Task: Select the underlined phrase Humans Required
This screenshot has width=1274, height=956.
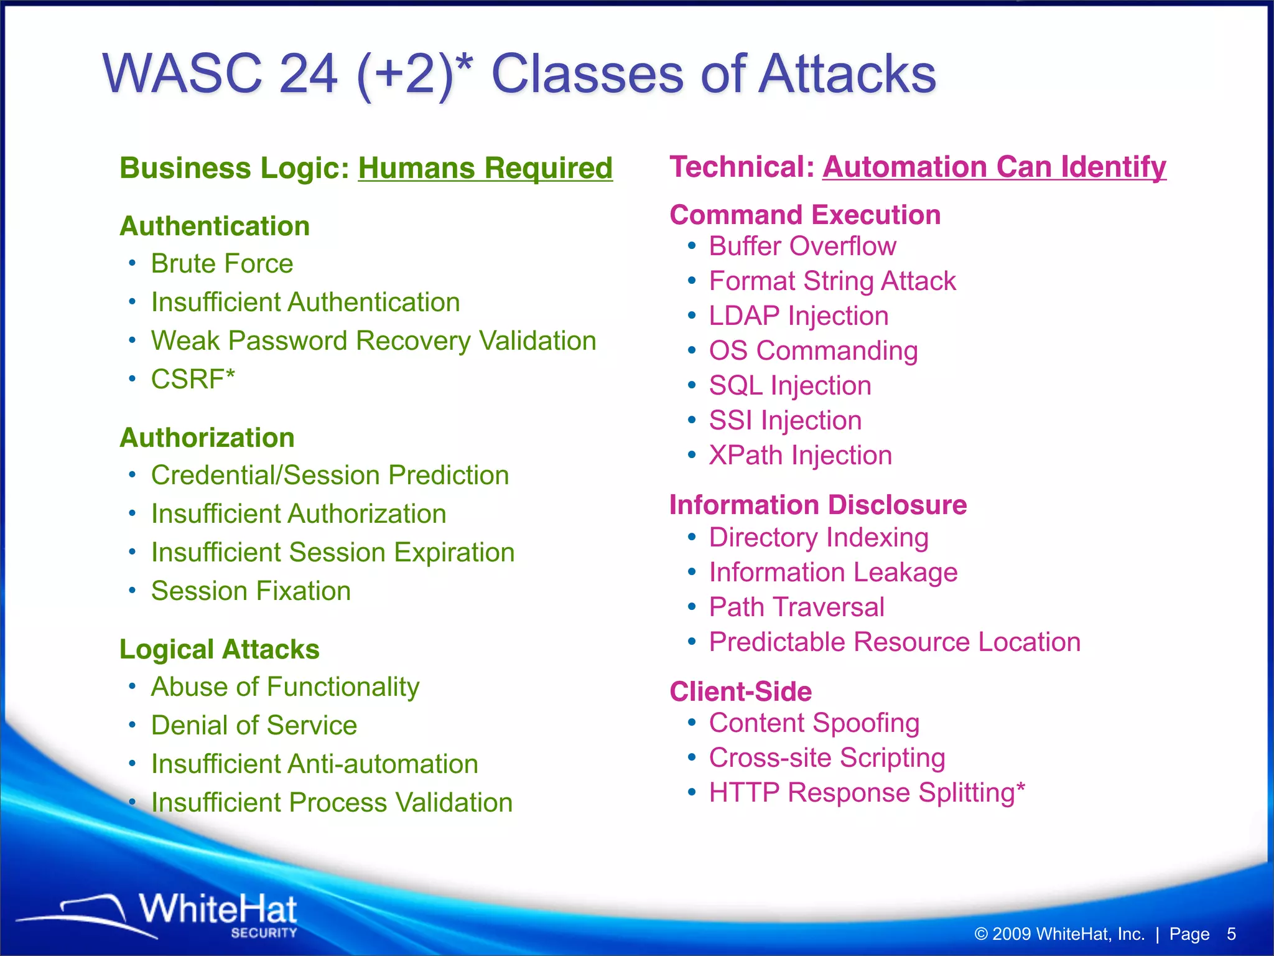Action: point(485,168)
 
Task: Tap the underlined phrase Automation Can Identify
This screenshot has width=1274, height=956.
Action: point(994,167)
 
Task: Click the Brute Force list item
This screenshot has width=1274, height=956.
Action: point(222,264)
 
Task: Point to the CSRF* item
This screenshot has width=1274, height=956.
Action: point(193,379)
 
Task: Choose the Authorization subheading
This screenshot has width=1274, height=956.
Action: point(207,438)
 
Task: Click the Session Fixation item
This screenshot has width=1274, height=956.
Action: point(251,591)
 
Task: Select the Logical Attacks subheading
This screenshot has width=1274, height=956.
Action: point(219,649)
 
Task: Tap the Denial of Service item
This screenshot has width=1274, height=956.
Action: point(254,726)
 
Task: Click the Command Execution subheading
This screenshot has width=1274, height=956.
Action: point(805,215)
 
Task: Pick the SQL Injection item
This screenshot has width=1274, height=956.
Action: point(790,386)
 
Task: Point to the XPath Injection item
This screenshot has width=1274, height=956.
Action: point(800,456)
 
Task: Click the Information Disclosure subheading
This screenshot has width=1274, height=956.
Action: point(818,505)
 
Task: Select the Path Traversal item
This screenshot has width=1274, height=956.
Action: point(796,607)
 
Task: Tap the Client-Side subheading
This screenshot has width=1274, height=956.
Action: point(740,691)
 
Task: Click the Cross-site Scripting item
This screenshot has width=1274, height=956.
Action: point(827,758)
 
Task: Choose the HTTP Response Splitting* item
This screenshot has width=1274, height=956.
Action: point(867,793)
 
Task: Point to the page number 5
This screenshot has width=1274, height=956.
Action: point(1230,934)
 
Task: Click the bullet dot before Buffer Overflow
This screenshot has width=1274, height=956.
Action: point(692,246)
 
